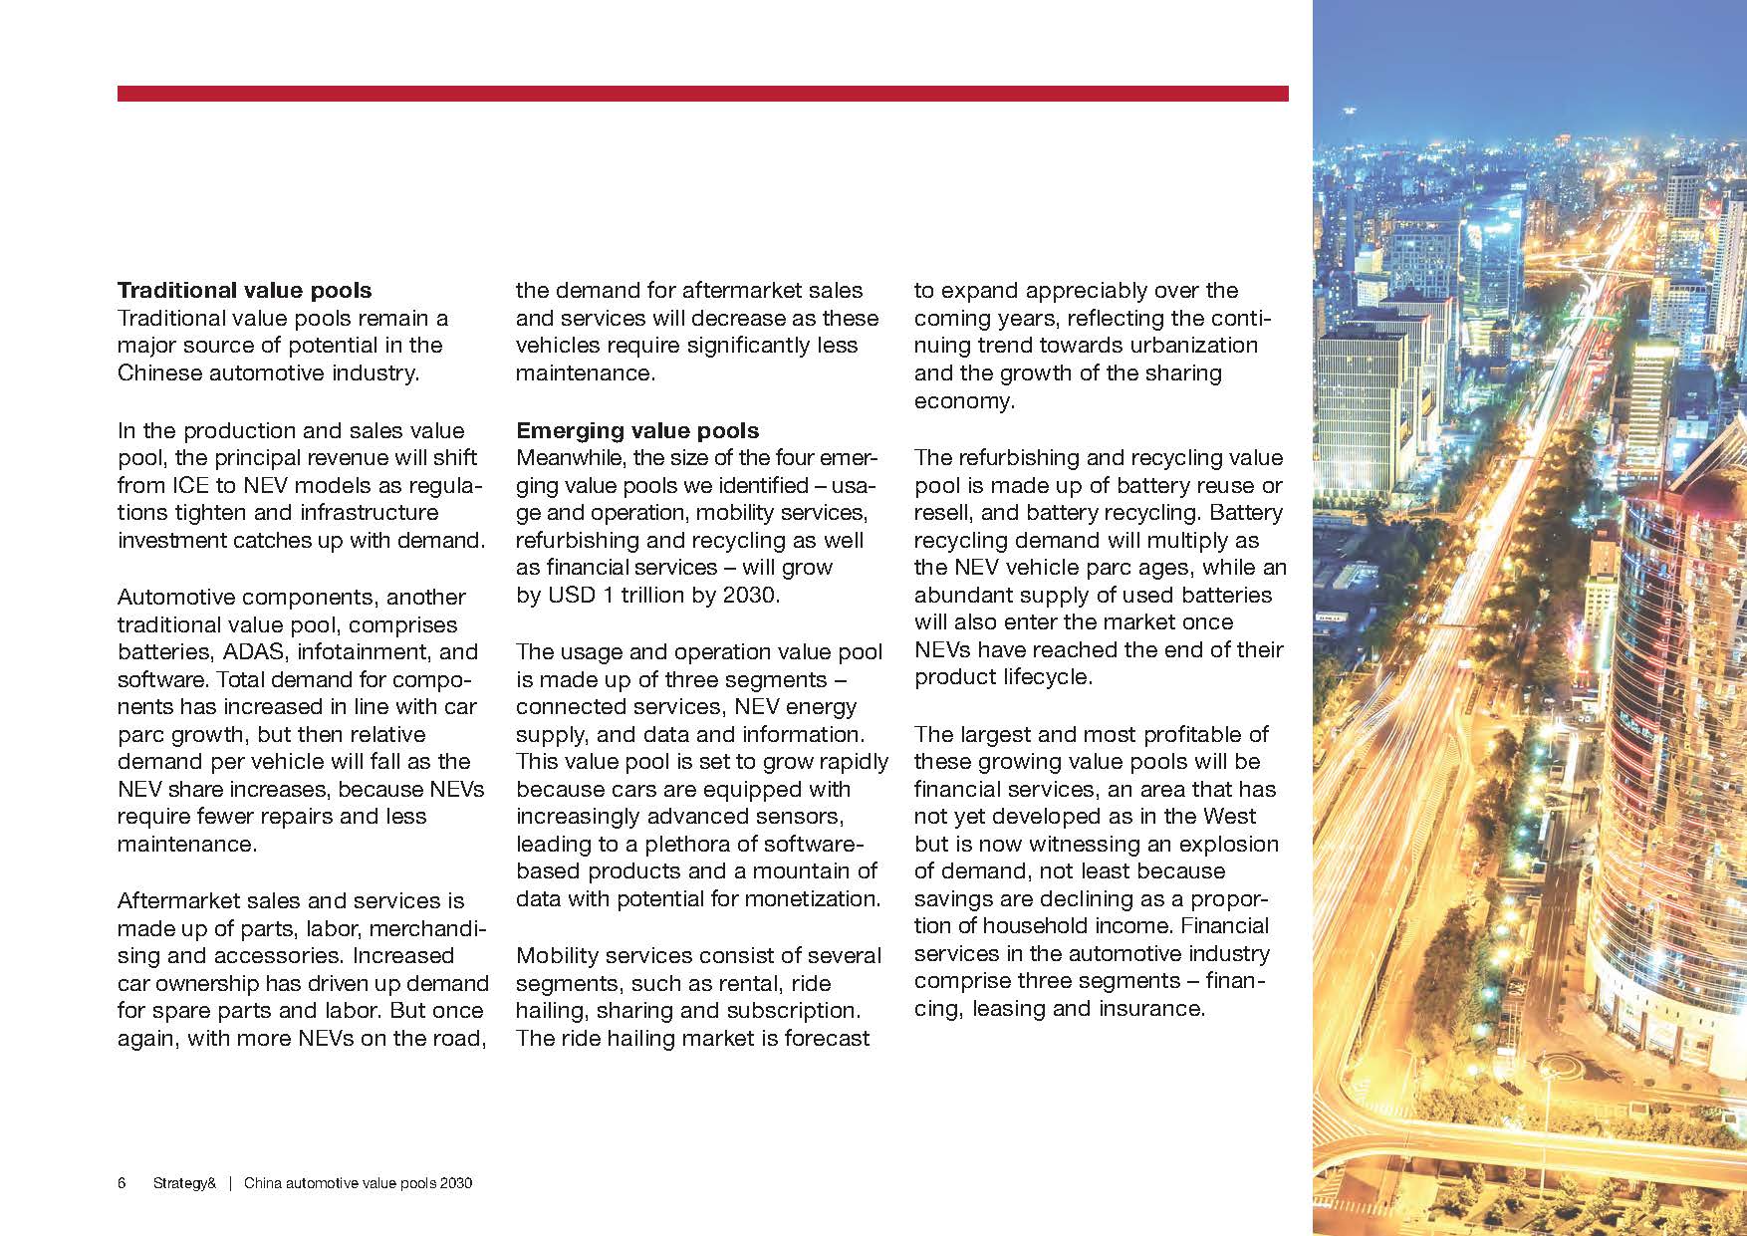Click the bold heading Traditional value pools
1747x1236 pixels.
244,291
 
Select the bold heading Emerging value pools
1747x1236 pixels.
636,431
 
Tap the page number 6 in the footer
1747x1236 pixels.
122,1183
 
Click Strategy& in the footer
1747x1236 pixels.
184,1183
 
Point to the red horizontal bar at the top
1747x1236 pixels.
702,94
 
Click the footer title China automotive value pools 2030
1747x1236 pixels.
358,1183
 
